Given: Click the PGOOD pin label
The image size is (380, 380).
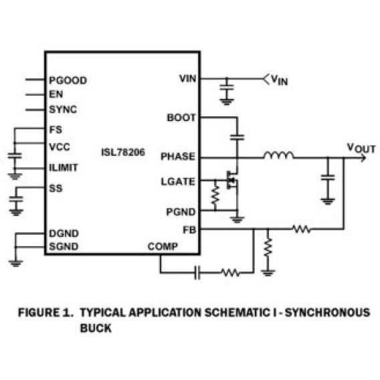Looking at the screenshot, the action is pos(68,80).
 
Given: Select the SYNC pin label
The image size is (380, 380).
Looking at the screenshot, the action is pos(63,110).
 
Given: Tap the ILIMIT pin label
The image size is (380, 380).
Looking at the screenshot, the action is pos(64,167).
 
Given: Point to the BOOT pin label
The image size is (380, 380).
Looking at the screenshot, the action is pos(181,118).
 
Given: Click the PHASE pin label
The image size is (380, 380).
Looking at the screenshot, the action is pos(178,157).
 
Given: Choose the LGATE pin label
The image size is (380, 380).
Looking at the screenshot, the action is pos(178,182).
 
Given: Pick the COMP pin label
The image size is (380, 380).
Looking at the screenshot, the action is pos(163,246).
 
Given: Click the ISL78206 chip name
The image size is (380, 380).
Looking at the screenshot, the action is pos(123,153).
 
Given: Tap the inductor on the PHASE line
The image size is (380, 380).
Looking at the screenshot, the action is pos(279,156).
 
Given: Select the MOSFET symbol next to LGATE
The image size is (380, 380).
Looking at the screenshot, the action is pos(232,181).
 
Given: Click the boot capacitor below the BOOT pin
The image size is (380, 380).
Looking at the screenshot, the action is pos(237,137).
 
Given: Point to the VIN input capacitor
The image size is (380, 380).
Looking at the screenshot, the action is pos(227,87).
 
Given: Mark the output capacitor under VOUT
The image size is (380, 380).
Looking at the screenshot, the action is pos(328,178).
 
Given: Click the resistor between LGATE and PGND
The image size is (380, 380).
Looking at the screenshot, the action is pos(215,195).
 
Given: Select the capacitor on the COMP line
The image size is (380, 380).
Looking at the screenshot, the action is pos(197,273).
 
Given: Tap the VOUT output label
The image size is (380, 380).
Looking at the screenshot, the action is pos(361,148).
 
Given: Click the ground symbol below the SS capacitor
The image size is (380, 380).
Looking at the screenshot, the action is pos(16,212).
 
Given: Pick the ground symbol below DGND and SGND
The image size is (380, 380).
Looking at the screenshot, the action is pos(16,264).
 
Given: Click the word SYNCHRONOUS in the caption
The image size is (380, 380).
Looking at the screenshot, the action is pos(327,312).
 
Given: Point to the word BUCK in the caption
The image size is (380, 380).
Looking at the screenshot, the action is pos(96,328).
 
